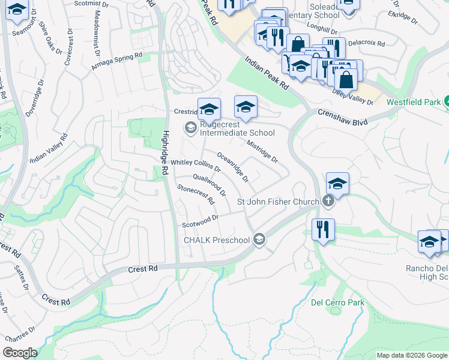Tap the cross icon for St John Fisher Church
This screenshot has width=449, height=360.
[327, 201]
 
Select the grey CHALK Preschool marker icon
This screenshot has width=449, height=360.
[259, 240]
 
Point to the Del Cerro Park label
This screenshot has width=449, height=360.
[337, 303]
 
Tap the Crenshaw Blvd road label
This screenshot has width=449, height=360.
[342, 113]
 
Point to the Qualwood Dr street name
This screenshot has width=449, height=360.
[209, 185]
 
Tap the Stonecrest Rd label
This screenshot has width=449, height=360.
[196, 195]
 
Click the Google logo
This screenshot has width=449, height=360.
[20, 352]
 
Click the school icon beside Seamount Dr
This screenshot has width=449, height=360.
[17, 10]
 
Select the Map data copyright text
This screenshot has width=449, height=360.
[411, 355]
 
